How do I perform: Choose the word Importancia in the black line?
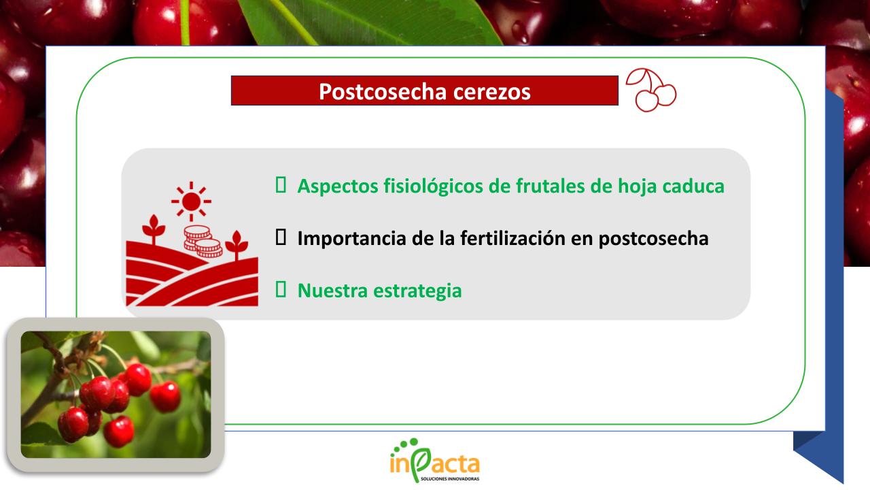(351, 239)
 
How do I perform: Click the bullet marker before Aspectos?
(280, 185)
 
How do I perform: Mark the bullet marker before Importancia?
(280, 238)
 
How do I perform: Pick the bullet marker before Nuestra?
(280, 290)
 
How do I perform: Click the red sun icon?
(191, 201)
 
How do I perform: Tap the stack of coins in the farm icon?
(203, 241)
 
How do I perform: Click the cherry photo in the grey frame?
(116, 394)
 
